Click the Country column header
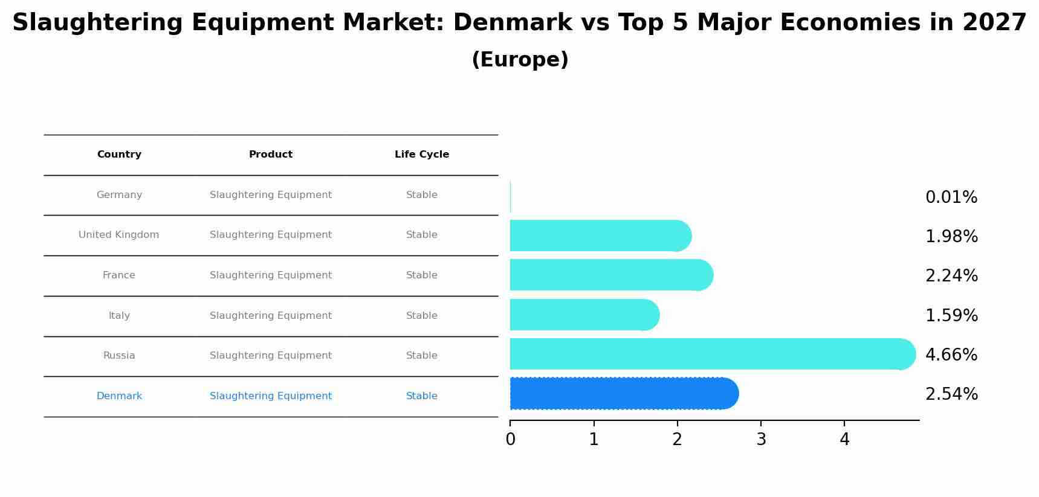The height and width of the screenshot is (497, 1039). (x=119, y=155)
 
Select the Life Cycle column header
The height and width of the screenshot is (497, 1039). (x=421, y=155)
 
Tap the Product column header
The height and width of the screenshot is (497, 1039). (x=270, y=155)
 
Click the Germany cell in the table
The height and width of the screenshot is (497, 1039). (x=119, y=195)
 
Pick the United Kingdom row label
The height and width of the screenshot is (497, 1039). (x=118, y=235)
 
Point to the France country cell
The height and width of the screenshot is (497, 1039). (x=118, y=275)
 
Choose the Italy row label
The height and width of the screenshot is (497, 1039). (x=119, y=316)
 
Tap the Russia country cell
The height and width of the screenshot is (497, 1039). (x=119, y=356)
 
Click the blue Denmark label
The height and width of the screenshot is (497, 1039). (x=119, y=396)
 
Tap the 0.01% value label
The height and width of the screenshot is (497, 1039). (x=951, y=197)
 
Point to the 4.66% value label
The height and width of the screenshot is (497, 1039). (x=951, y=355)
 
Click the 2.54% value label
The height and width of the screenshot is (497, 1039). (x=951, y=394)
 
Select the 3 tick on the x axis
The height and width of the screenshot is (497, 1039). (x=761, y=440)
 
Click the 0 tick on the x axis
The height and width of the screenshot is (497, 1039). (x=510, y=440)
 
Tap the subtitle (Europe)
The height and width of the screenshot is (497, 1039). (x=520, y=60)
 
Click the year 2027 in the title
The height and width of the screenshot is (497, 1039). (x=994, y=23)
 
